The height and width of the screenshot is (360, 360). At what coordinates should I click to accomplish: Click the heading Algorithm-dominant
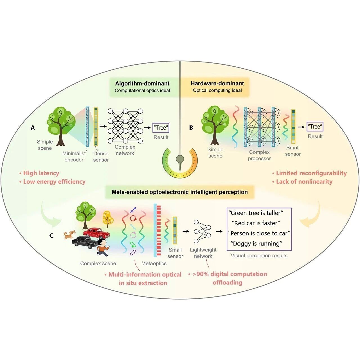(142, 83)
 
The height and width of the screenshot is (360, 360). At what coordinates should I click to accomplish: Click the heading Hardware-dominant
(217, 83)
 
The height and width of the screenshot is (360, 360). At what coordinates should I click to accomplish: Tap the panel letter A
(33, 128)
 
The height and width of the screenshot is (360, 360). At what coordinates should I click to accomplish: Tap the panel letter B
(191, 128)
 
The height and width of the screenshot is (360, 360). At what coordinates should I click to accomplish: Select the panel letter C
(51, 236)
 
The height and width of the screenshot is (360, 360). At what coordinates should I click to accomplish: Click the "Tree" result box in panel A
(161, 128)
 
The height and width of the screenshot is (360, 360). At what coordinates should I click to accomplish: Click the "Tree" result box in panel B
(315, 127)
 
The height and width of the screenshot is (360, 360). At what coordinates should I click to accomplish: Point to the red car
(96, 233)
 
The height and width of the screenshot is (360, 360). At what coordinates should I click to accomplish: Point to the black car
(85, 242)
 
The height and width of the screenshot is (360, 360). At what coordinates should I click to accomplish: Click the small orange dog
(69, 235)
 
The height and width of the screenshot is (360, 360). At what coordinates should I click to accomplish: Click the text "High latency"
(41, 173)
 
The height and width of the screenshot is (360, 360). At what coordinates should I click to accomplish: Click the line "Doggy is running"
(256, 244)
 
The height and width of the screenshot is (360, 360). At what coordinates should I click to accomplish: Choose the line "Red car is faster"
(256, 223)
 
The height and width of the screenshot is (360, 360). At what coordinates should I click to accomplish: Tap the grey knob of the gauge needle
(180, 159)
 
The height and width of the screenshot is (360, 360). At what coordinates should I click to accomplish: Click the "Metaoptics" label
(154, 264)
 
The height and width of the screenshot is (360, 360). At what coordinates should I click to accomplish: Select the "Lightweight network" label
(203, 253)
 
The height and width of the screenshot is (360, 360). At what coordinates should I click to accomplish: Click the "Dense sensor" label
(101, 157)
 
